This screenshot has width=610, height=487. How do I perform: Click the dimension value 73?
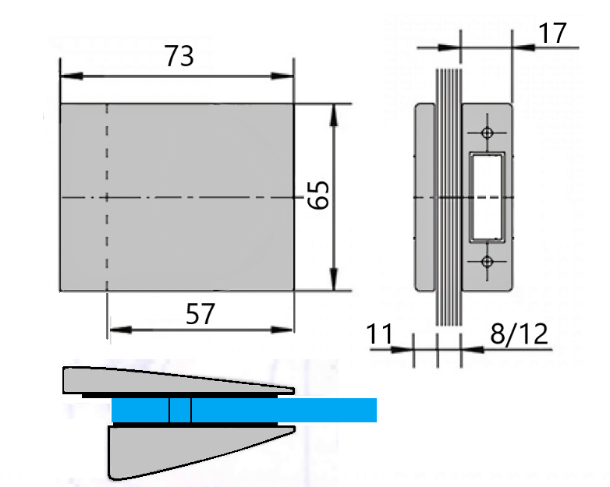pyautogui.click(x=179, y=56)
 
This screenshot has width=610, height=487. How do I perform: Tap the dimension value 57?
pyautogui.click(x=200, y=314)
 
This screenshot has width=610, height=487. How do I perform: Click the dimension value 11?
pyautogui.click(x=380, y=333)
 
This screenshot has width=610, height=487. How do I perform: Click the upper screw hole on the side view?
pyautogui.click(x=488, y=132)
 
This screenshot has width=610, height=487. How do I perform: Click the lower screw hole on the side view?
pyautogui.click(x=488, y=261)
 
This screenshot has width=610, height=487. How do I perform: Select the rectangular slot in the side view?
pyautogui.click(x=488, y=196)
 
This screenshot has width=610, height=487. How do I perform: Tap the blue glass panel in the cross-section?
pyautogui.click(x=312, y=410)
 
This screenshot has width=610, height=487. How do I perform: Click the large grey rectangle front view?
pyautogui.click(x=195, y=156)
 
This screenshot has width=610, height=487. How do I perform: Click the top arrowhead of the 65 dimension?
pyautogui.click(x=335, y=113)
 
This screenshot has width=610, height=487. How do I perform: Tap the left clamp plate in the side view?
pyautogui.click(x=424, y=196)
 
